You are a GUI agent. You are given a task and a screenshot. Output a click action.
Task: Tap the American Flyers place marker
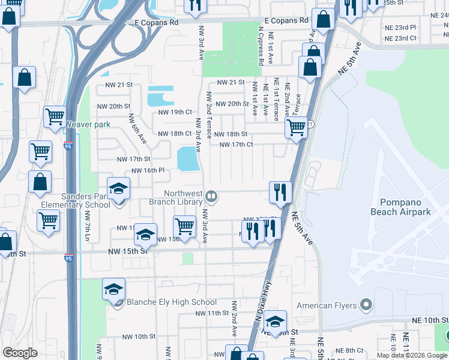pos(366,305)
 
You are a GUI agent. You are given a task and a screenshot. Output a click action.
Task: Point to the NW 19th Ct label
pos(175,112)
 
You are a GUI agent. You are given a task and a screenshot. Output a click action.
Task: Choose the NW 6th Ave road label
pos(137,128)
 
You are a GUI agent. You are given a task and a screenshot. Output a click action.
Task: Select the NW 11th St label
pos(209,313)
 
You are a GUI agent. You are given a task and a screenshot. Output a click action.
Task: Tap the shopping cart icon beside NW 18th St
pos(296,128)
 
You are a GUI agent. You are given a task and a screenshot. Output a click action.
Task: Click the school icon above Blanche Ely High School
pos(113,290)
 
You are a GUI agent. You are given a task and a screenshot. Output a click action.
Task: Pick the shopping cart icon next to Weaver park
pos(55,116)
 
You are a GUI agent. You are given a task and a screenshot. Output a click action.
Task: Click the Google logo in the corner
pos(20,353)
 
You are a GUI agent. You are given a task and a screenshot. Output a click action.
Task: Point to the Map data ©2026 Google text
pos(411,355)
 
